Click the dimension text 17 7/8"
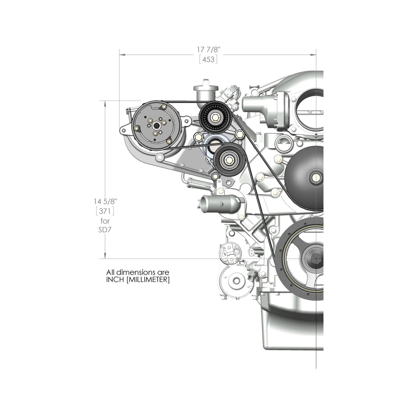(x=209, y=49)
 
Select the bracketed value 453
(x=208, y=60)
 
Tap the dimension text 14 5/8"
(x=106, y=201)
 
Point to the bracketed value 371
(x=105, y=211)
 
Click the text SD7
(x=105, y=229)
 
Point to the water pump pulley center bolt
(x=316, y=177)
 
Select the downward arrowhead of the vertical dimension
(x=105, y=256)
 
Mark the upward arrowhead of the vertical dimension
(x=105, y=104)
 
